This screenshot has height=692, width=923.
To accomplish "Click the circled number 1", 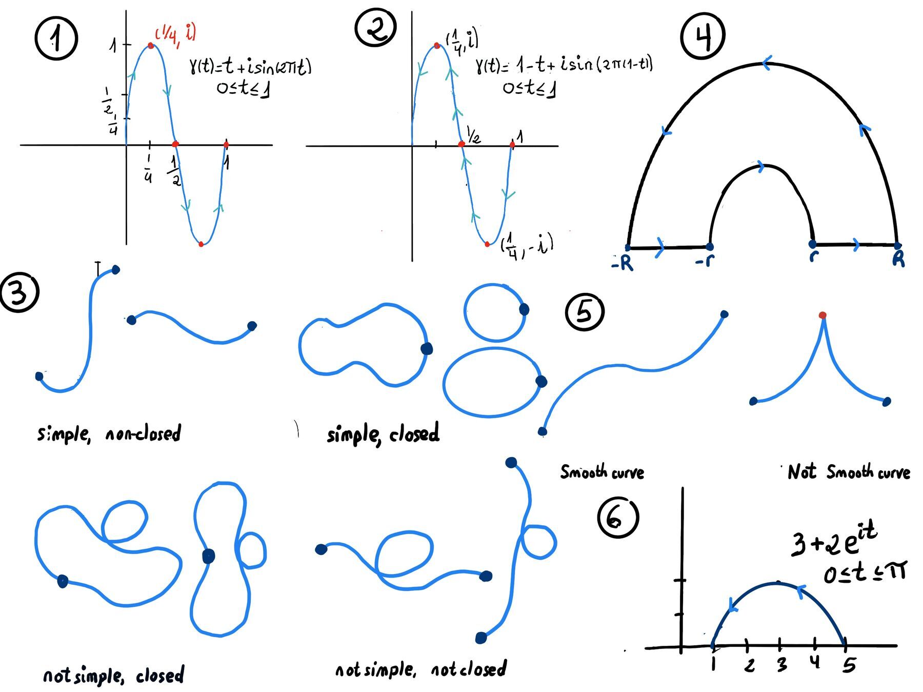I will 56,39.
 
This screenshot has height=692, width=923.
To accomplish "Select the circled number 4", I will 703,34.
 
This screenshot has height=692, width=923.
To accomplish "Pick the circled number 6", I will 617,517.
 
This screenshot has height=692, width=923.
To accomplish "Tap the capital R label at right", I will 898,259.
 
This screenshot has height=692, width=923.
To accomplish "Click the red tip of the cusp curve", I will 822,315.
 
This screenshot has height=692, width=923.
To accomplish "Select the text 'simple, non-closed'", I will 109,434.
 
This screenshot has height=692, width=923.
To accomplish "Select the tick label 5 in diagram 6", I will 849,665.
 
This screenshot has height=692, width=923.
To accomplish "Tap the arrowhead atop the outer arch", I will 766,63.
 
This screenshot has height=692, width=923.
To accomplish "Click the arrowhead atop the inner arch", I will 760,167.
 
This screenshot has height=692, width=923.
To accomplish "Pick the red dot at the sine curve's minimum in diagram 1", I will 201,244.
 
